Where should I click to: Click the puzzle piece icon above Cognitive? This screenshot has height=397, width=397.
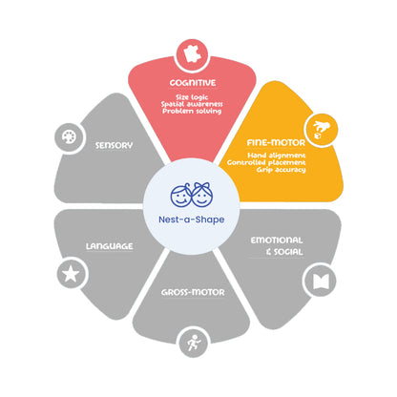[192, 54]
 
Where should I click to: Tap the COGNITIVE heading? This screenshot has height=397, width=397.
[193, 83]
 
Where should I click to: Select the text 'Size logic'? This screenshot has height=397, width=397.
[192, 97]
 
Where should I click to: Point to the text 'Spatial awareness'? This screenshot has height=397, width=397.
[192, 104]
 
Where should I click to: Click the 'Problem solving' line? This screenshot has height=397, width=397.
[192, 112]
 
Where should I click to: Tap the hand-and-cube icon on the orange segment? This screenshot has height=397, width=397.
[322, 130]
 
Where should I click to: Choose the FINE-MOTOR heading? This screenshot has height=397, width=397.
[276, 143]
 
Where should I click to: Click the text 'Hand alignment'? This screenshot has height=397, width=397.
[277, 156]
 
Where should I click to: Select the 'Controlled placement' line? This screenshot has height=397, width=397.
[266, 162]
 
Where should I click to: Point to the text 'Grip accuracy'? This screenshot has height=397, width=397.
[282, 170]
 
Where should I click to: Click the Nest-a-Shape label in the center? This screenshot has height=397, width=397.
[192, 219]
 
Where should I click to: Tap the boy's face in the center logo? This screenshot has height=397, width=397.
[180, 195]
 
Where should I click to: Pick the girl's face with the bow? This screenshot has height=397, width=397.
[201, 195]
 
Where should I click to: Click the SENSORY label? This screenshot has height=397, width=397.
[114, 146]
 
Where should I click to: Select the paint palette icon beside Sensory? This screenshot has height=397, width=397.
[69, 137]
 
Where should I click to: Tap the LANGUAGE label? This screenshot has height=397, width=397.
[110, 246]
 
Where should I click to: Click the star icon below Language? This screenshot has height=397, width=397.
[71, 274]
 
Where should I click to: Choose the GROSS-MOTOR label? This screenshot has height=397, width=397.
[193, 293]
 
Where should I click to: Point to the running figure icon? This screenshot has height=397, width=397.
[194, 343]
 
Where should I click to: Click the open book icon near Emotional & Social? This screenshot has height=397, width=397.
[321, 282]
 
